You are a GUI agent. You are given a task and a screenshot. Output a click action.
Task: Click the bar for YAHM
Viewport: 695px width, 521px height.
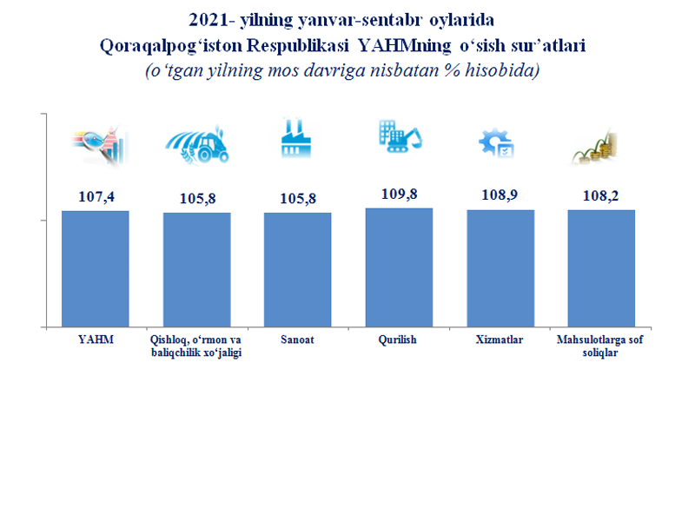(x=96, y=269)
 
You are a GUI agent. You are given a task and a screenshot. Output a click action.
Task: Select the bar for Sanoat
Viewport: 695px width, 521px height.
(x=298, y=270)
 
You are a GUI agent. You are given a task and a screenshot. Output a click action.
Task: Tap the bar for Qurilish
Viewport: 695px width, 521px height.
(x=399, y=267)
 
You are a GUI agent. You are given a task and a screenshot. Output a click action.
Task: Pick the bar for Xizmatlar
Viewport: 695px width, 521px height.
(x=500, y=268)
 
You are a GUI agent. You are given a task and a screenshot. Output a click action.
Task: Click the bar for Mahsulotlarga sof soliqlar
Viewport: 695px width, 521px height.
(x=601, y=268)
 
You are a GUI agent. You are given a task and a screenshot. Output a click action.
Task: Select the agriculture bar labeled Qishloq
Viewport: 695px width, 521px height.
(x=197, y=270)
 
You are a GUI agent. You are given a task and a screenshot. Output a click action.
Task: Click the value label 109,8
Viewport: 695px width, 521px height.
(x=399, y=195)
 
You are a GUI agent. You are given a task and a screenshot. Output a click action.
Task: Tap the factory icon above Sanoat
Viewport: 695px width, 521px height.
(x=296, y=142)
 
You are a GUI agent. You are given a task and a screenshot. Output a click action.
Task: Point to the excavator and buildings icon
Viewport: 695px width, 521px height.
(x=399, y=136)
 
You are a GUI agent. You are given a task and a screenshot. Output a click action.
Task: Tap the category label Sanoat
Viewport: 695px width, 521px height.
(x=298, y=340)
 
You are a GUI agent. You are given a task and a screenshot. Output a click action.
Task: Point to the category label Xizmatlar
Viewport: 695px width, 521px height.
(x=500, y=340)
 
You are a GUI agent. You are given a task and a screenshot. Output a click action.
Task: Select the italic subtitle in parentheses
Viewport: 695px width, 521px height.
(x=342, y=70)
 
